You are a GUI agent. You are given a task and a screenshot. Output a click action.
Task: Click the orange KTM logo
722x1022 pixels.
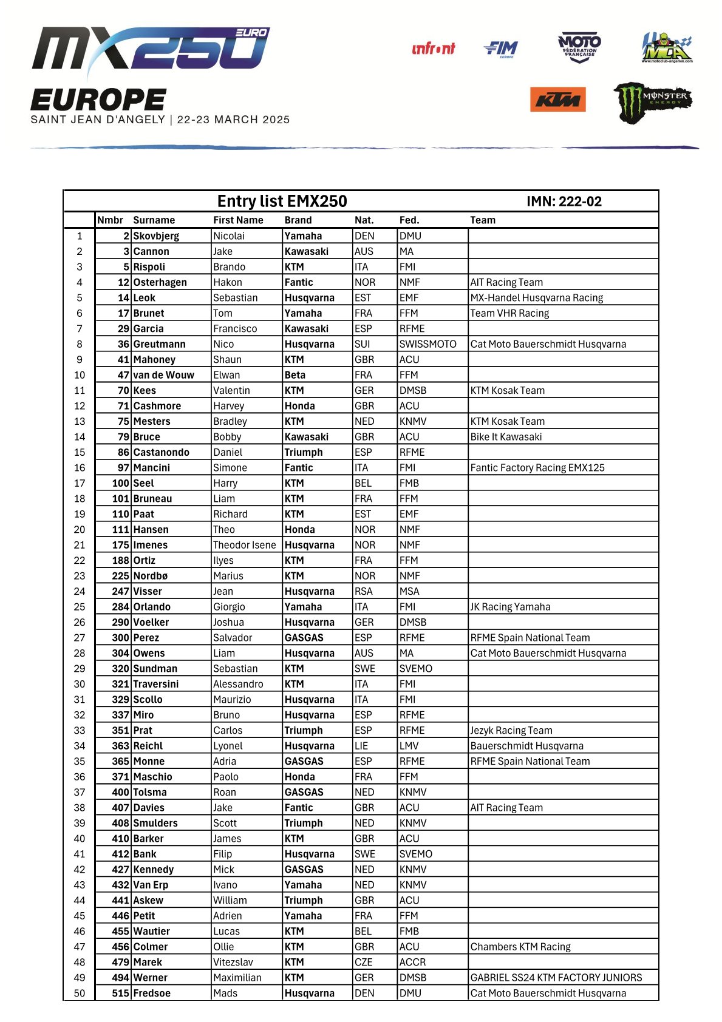(557, 100)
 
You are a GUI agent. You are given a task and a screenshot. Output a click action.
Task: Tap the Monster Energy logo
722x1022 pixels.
(653, 101)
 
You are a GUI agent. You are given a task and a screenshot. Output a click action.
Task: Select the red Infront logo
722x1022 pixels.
(433, 49)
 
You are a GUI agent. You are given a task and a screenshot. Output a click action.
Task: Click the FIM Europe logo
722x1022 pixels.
(501, 49)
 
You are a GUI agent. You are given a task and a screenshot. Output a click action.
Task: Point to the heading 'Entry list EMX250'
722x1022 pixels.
(282, 201)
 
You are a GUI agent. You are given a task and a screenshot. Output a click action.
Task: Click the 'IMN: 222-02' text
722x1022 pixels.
(564, 201)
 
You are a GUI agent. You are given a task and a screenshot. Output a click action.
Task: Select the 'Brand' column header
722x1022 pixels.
(298, 220)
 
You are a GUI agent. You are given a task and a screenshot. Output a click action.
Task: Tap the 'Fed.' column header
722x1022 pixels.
(409, 220)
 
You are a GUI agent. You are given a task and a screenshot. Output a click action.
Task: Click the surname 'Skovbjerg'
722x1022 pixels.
(156, 235)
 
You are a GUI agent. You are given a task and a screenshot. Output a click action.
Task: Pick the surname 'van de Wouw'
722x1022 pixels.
(163, 374)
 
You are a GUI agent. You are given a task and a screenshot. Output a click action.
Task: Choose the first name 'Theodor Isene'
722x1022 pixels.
(244, 544)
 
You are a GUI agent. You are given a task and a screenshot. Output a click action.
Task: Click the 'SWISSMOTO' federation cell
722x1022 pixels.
(427, 343)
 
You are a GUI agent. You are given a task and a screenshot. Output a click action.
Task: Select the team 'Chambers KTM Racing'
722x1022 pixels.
(520, 946)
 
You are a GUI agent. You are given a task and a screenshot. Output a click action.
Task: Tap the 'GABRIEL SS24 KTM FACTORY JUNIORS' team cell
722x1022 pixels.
(556, 977)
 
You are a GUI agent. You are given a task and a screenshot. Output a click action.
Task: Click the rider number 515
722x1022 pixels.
(120, 993)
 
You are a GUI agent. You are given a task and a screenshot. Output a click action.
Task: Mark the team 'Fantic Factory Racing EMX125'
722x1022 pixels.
(537, 467)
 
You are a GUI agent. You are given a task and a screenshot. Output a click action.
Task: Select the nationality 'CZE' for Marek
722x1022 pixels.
(363, 961)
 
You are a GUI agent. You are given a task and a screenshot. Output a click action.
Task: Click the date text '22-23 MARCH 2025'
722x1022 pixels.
(233, 120)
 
